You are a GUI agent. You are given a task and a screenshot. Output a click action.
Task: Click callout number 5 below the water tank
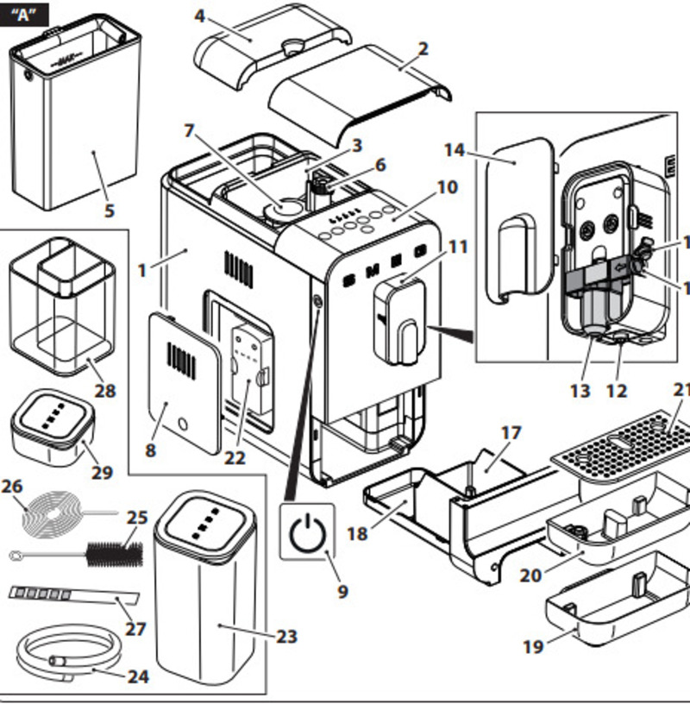click(109, 210)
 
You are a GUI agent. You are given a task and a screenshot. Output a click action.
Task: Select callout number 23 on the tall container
click(286, 637)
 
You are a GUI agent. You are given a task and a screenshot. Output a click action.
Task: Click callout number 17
click(511, 432)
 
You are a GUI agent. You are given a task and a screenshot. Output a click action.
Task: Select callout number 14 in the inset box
click(455, 150)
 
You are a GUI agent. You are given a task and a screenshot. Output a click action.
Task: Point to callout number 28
click(104, 391)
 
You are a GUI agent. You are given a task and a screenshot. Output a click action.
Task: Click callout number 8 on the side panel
click(151, 449)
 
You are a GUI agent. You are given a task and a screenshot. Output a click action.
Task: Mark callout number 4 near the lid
click(200, 16)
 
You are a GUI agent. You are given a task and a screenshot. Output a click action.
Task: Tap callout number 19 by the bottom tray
click(534, 645)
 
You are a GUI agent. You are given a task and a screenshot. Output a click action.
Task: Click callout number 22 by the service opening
click(235, 458)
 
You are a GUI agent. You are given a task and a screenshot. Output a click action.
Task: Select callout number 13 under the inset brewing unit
click(580, 391)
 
